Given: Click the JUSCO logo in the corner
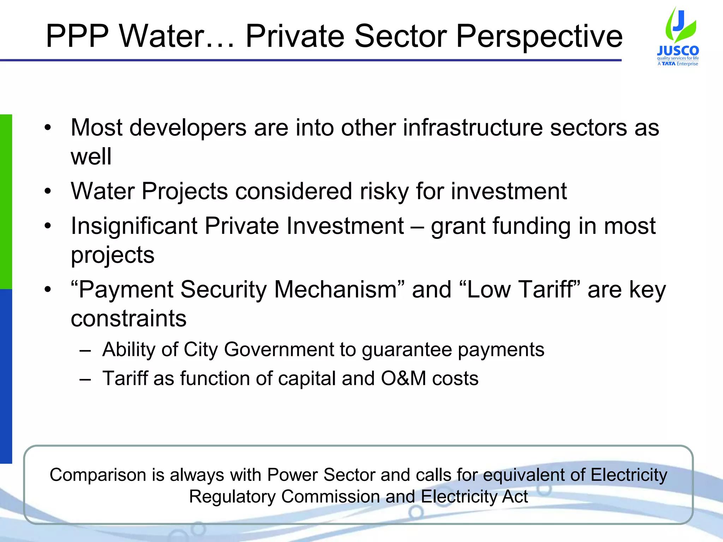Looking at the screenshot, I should coord(678,37).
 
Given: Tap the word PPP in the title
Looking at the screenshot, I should coord(77,36).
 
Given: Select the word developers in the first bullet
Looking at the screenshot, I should coord(188,127).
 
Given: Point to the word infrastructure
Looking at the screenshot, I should coord(473,127).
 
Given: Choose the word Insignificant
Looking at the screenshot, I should coord(134,226).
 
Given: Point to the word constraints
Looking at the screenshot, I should coord(129,318).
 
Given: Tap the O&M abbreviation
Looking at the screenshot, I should coord(404,379).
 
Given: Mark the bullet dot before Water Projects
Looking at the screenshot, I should coord(48,192).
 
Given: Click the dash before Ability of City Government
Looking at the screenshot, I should coord(85,351).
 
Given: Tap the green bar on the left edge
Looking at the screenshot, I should coord(6,201).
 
